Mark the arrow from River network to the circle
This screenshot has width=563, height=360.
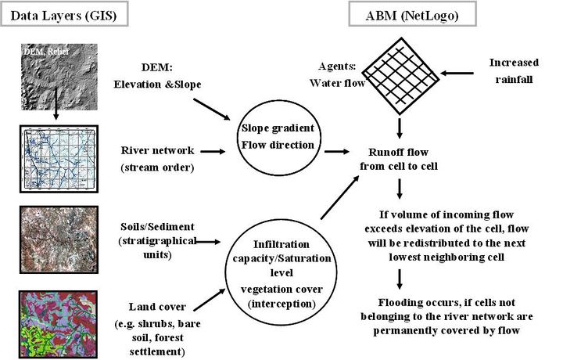click(x=199, y=150)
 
